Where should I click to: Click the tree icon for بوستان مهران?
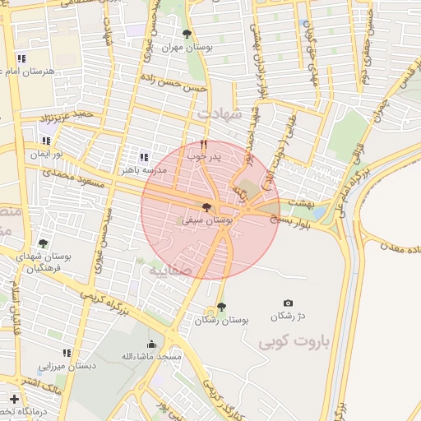pyautogui.click(x=187, y=35)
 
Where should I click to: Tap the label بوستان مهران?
pyautogui.click(x=187, y=48)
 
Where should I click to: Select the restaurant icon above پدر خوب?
pyautogui.click(x=203, y=143)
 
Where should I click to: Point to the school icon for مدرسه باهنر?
pyautogui.click(x=144, y=157)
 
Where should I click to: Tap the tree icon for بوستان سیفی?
pyautogui.click(x=206, y=208)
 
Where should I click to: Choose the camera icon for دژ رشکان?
pyautogui.click(x=288, y=303)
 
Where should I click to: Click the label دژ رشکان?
pyautogui.click(x=289, y=316)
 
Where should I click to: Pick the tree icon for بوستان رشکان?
pyautogui.click(x=221, y=307)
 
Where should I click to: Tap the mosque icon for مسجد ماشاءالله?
pyautogui.click(x=151, y=345)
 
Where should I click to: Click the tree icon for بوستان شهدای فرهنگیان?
pyautogui.click(x=43, y=243)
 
